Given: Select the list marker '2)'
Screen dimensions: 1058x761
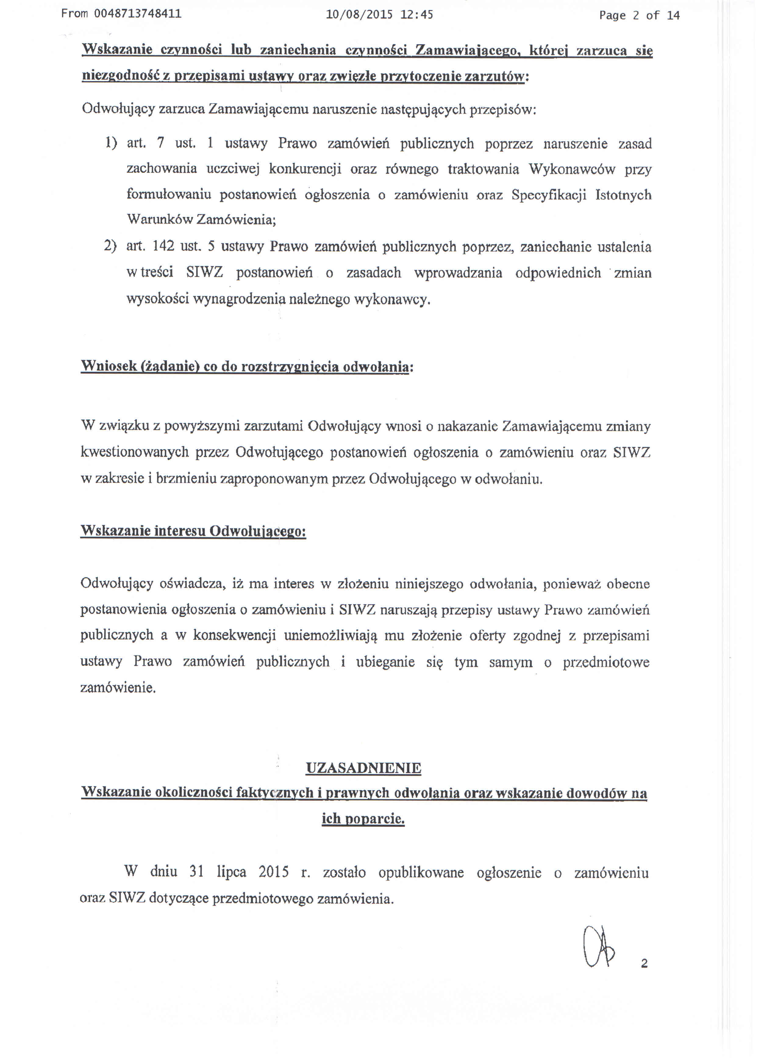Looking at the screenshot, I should point(110,246).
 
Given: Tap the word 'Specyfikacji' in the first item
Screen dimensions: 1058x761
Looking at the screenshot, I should point(548,195).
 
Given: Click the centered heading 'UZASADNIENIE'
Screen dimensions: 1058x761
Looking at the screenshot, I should point(363,768).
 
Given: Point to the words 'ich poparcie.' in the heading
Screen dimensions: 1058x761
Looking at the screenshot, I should point(363,818).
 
